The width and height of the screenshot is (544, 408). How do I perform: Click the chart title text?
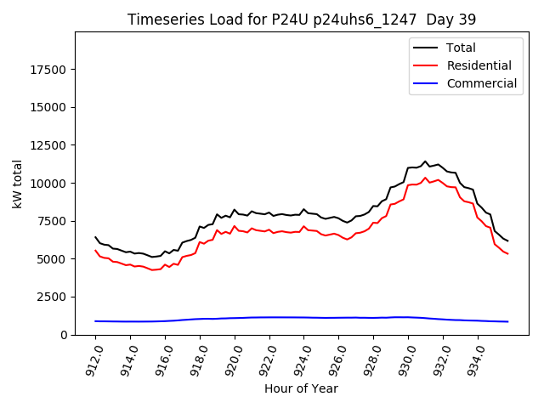click(x=302, y=20)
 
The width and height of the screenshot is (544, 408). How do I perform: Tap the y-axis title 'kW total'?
click(x=18, y=184)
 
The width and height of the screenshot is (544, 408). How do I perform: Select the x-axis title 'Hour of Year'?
click(x=301, y=388)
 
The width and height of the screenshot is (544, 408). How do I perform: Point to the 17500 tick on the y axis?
click(x=50, y=69)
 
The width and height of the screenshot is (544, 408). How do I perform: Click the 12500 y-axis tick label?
click(x=50, y=145)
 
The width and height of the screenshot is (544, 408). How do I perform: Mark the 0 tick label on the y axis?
click(x=64, y=335)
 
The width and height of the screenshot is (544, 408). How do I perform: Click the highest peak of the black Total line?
click(x=425, y=161)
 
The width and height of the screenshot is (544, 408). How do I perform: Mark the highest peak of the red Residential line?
click(x=425, y=178)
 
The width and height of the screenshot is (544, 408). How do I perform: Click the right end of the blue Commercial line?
click(x=507, y=321)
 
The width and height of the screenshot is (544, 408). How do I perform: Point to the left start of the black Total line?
click(x=95, y=237)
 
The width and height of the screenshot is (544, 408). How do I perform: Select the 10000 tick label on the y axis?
click(x=50, y=183)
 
